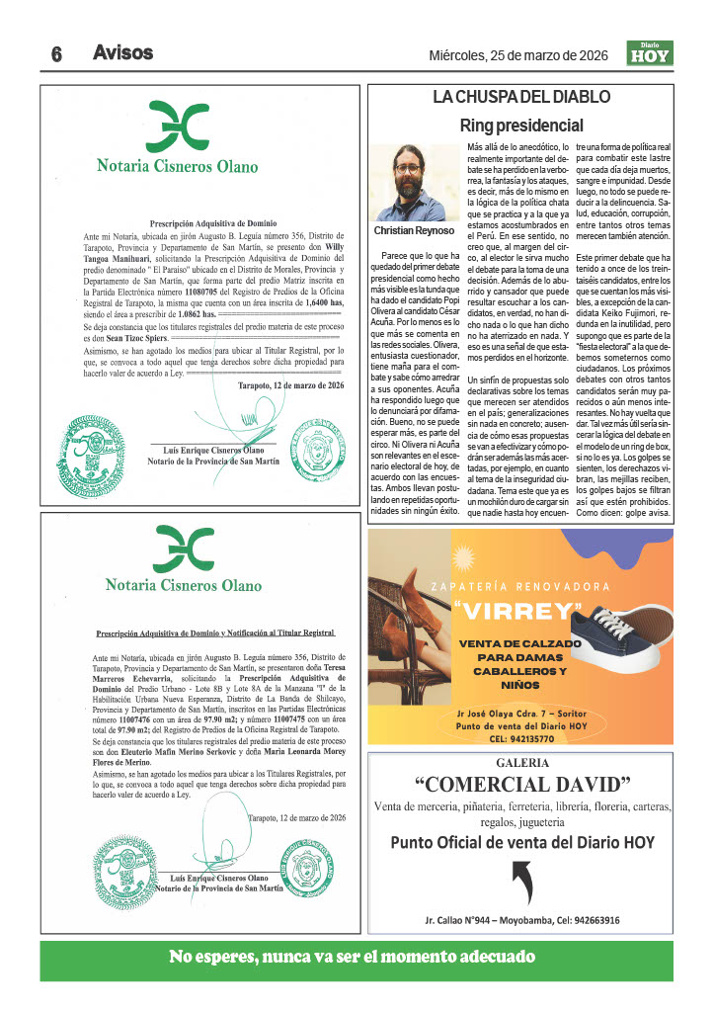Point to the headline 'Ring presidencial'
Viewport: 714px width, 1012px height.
521,126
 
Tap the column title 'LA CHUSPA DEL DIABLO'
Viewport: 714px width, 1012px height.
521,97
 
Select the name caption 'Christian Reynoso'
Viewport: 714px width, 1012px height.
414,230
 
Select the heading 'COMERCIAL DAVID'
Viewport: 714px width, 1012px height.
522,785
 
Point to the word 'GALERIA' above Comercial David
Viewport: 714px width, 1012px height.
522,763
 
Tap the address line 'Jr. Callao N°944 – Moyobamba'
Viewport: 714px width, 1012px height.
486,920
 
